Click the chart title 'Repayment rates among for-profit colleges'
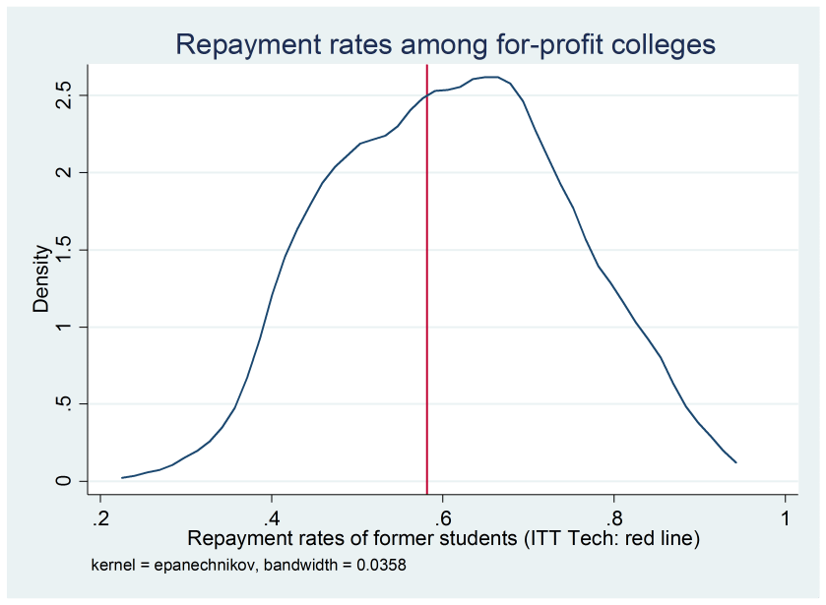[444, 44]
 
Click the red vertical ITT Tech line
[426, 295]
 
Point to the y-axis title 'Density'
[40, 279]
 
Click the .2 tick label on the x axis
[100, 517]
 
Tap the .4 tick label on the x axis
[272, 517]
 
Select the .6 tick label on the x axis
[442, 517]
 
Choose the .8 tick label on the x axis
[613, 517]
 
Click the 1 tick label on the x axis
[786, 517]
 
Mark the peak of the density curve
[492, 77]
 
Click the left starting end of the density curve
[122, 477]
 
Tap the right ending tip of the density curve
[735, 461]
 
